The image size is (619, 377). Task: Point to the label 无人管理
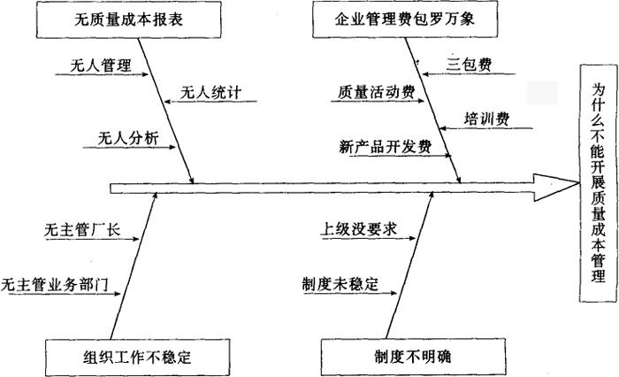point(99,66)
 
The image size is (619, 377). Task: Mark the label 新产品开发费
point(385,147)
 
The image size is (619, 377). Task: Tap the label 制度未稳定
point(340,285)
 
